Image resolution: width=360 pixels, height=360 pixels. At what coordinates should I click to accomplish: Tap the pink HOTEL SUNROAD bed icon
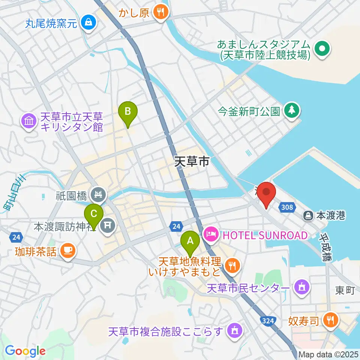point(211,235)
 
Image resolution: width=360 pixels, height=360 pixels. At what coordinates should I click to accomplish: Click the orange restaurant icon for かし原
point(161,12)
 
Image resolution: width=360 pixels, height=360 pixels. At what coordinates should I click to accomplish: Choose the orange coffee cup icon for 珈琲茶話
point(67,250)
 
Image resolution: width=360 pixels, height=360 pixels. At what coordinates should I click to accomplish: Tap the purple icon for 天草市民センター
point(301,287)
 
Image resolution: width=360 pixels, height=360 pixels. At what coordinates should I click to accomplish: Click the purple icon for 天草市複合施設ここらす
point(235,331)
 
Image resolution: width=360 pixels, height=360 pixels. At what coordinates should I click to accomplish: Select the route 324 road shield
point(267,320)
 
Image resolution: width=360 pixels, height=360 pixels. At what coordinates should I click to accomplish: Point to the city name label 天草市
point(192,161)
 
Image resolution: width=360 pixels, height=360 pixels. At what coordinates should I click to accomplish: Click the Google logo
point(25,351)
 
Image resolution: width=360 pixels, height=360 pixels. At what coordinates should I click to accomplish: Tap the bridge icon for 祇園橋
point(99,195)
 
